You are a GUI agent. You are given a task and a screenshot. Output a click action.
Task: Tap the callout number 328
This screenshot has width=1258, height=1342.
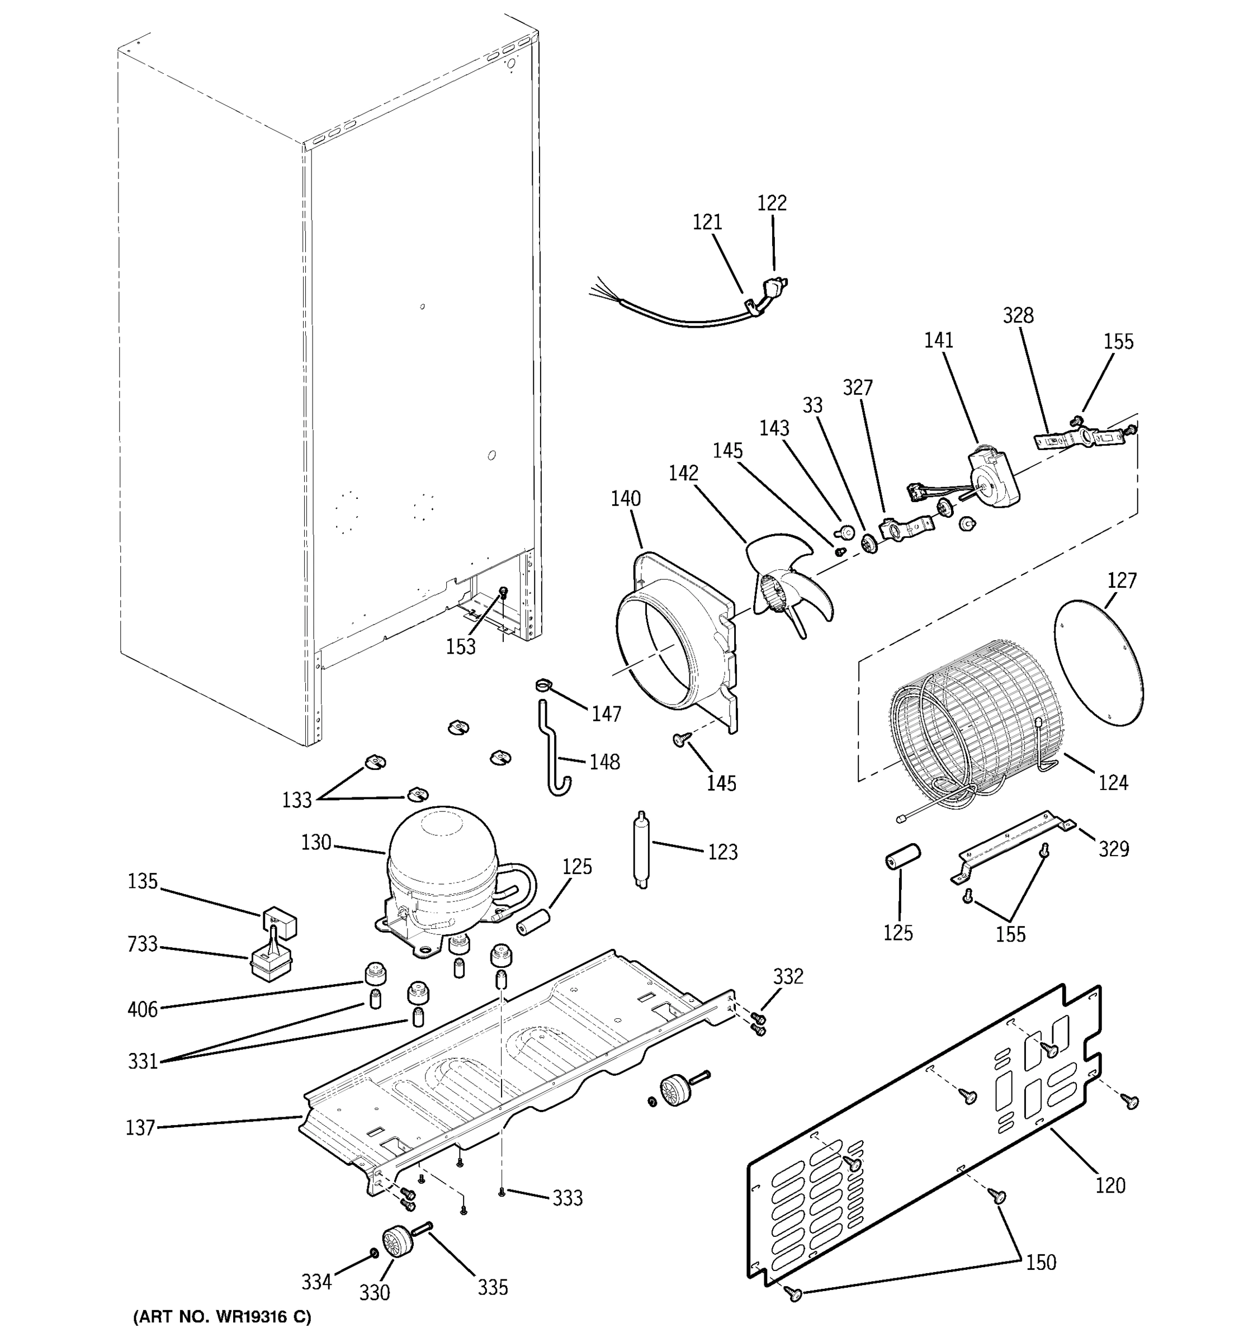1018,315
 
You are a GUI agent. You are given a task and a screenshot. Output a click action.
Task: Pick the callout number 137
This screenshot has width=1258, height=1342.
140,1127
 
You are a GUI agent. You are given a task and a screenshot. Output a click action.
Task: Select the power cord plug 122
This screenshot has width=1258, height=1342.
776,287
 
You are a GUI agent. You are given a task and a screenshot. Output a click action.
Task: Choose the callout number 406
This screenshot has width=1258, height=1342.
143,1009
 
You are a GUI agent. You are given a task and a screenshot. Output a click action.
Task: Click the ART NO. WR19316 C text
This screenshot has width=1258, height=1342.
222,1316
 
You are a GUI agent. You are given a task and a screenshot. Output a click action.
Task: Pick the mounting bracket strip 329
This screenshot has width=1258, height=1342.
1013,847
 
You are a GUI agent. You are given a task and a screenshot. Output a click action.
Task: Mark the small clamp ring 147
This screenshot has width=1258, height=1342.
542,687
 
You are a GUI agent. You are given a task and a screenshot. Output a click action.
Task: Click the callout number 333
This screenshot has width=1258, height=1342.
567,1198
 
